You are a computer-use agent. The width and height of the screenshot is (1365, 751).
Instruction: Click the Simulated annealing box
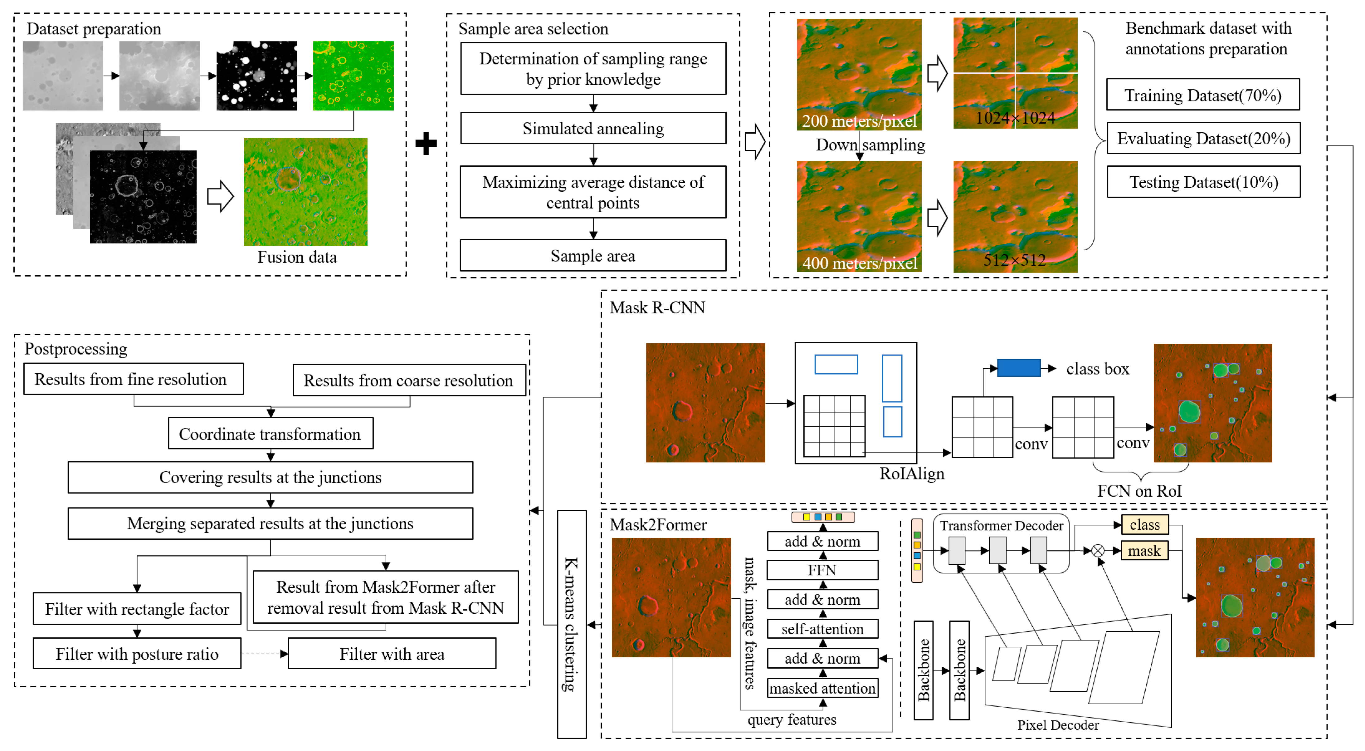pos(592,128)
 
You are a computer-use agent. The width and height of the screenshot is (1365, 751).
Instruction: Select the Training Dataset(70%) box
pos(1202,95)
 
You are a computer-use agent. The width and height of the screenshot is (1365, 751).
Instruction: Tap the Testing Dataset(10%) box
pos(1203,182)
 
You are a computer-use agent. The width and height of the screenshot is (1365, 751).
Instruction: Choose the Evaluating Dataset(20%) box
pos(1203,138)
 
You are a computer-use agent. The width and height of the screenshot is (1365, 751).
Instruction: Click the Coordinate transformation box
pos(270,434)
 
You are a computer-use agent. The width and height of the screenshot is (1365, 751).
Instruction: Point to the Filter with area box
pos(392,654)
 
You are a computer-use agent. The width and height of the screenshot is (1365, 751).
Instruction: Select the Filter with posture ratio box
pos(137,654)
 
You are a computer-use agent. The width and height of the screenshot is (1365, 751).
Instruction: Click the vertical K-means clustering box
pos(571,624)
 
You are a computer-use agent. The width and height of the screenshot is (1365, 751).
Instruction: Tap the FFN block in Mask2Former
pos(822,570)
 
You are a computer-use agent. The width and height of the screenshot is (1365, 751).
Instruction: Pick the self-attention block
pos(822,629)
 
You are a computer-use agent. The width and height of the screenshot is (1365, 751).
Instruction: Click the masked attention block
pos(822,688)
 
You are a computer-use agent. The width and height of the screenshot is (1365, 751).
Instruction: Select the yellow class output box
pos(1144,524)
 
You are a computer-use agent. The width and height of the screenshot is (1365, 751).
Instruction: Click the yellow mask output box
pos(1144,551)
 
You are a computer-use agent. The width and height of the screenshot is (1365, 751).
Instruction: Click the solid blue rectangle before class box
pos(1018,368)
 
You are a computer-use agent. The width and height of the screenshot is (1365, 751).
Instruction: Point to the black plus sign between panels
pos(426,143)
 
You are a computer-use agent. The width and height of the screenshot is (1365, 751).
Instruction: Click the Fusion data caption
pos(297,257)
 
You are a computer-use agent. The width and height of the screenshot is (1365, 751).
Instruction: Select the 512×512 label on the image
pos(1014,260)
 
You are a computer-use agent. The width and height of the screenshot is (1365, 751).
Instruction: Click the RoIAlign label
pos(911,473)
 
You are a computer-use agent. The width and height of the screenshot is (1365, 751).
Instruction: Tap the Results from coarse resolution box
pos(408,380)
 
